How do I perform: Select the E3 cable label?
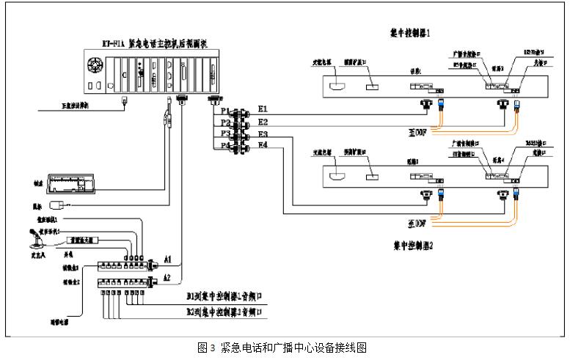[263, 135]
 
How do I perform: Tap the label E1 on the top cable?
[263, 109]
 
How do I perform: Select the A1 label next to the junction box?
[168, 260]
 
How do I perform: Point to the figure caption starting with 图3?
[282, 348]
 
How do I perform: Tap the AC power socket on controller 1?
[338, 87]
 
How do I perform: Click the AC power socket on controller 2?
[338, 177]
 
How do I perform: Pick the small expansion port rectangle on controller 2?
[373, 177]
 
